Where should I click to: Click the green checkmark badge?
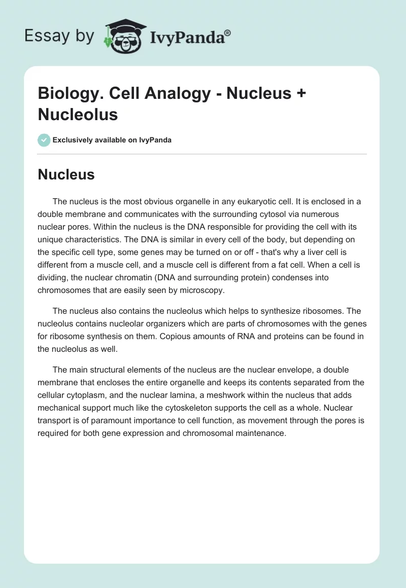(x=44, y=140)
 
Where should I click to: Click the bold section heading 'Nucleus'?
(x=66, y=174)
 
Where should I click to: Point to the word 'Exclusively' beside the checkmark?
(x=73, y=140)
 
